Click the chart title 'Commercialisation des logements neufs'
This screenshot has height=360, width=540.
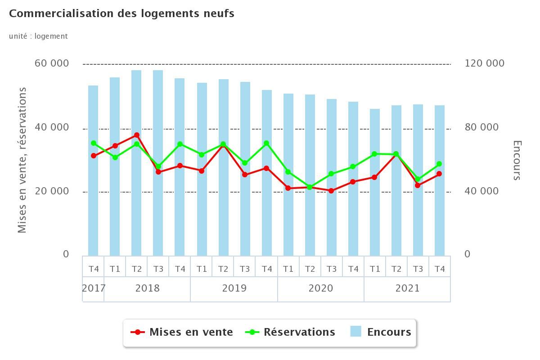pos(121,13)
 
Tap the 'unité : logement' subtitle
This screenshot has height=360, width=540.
pos(38,36)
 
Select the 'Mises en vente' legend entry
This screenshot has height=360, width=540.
pos(182,332)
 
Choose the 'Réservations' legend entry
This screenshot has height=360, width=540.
pos(290,332)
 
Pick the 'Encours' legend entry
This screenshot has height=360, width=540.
pos(381,332)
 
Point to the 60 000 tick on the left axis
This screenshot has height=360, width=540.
pos(52,63)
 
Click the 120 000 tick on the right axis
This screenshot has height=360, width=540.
pos(484,63)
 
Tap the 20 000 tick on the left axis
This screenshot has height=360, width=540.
pos(52,191)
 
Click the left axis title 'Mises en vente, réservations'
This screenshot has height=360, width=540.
pos(22,160)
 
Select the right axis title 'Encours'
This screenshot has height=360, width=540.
pos(517,160)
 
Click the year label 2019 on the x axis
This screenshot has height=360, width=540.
pos(234,288)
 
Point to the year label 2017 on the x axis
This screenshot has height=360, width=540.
pos(94,288)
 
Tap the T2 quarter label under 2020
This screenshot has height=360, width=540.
pos(310,269)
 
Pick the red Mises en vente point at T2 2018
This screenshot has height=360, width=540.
pos(136,135)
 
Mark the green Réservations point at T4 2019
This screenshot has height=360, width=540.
pos(266,144)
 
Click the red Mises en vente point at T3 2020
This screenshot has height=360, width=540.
pos(331,191)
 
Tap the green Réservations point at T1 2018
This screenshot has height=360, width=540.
pos(115,157)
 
